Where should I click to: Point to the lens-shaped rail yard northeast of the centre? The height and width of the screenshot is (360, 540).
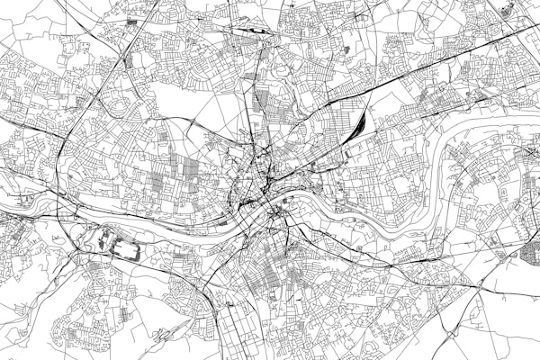[x=358, y=123]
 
